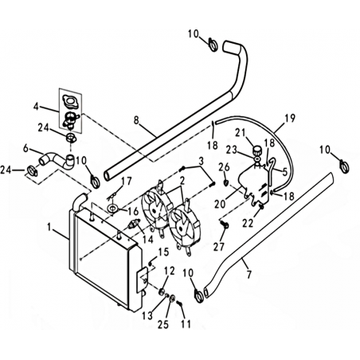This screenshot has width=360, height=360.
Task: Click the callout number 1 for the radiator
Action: (x=49, y=228)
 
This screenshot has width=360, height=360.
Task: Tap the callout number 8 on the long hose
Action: (x=136, y=120)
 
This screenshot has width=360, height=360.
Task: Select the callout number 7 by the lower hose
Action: (x=248, y=275)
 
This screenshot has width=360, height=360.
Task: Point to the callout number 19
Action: (x=290, y=118)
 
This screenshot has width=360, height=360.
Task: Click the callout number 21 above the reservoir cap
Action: (x=241, y=133)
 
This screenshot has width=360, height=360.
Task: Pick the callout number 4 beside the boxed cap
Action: (x=37, y=107)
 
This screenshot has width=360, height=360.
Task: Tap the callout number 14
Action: (x=148, y=239)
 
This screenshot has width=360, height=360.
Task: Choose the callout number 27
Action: (x=220, y=247)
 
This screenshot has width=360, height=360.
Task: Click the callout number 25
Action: (x=163, y=324)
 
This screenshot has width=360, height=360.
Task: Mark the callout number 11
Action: (x=186, y=324)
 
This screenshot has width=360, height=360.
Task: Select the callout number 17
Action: (x=127, y=182)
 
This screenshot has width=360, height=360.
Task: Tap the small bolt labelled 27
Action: (x=225, y=225)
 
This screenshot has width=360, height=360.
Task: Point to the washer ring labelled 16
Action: (x=113, y=208)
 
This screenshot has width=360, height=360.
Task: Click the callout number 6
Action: (x=25, y=148)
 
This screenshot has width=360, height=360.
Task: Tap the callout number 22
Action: (x=248, y=224)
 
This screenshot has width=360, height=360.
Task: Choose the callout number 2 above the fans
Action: (x=182, y=181)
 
